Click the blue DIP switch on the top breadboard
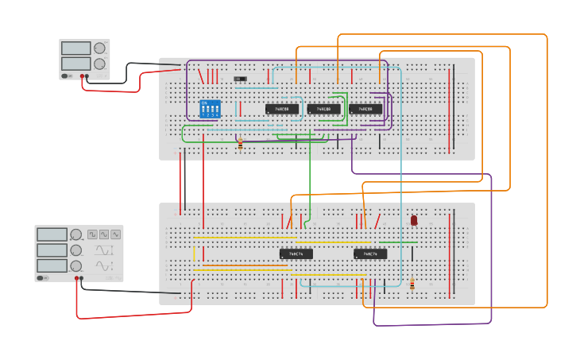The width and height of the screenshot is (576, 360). [211, 109]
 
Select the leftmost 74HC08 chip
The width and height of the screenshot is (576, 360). [282, 109]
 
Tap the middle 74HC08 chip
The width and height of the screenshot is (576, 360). [323, 109]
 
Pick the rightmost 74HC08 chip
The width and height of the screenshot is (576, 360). [365, 109]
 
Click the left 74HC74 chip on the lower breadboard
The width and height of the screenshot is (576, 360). [296, 254]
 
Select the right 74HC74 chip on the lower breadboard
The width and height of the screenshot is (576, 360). [370, 254]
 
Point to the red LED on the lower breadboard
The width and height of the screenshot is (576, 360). [414, 220]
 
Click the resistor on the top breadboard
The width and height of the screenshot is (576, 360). [241, 144]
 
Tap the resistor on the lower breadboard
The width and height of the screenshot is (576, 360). [412, 285]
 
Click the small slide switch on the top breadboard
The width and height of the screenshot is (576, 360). [240, 79]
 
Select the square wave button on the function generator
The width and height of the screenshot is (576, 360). [92, 234]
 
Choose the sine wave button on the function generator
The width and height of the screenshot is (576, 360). [104, 234]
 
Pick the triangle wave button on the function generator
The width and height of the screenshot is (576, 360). [116, 234]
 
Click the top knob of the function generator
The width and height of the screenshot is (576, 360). [76, 234]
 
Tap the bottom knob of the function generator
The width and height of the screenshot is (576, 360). [76, 265]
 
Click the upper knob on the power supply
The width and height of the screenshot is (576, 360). [99, 48]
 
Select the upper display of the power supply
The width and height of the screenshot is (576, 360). [76, 48]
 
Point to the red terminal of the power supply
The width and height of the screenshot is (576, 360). [83, 76]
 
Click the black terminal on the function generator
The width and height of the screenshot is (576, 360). [82, 278]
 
